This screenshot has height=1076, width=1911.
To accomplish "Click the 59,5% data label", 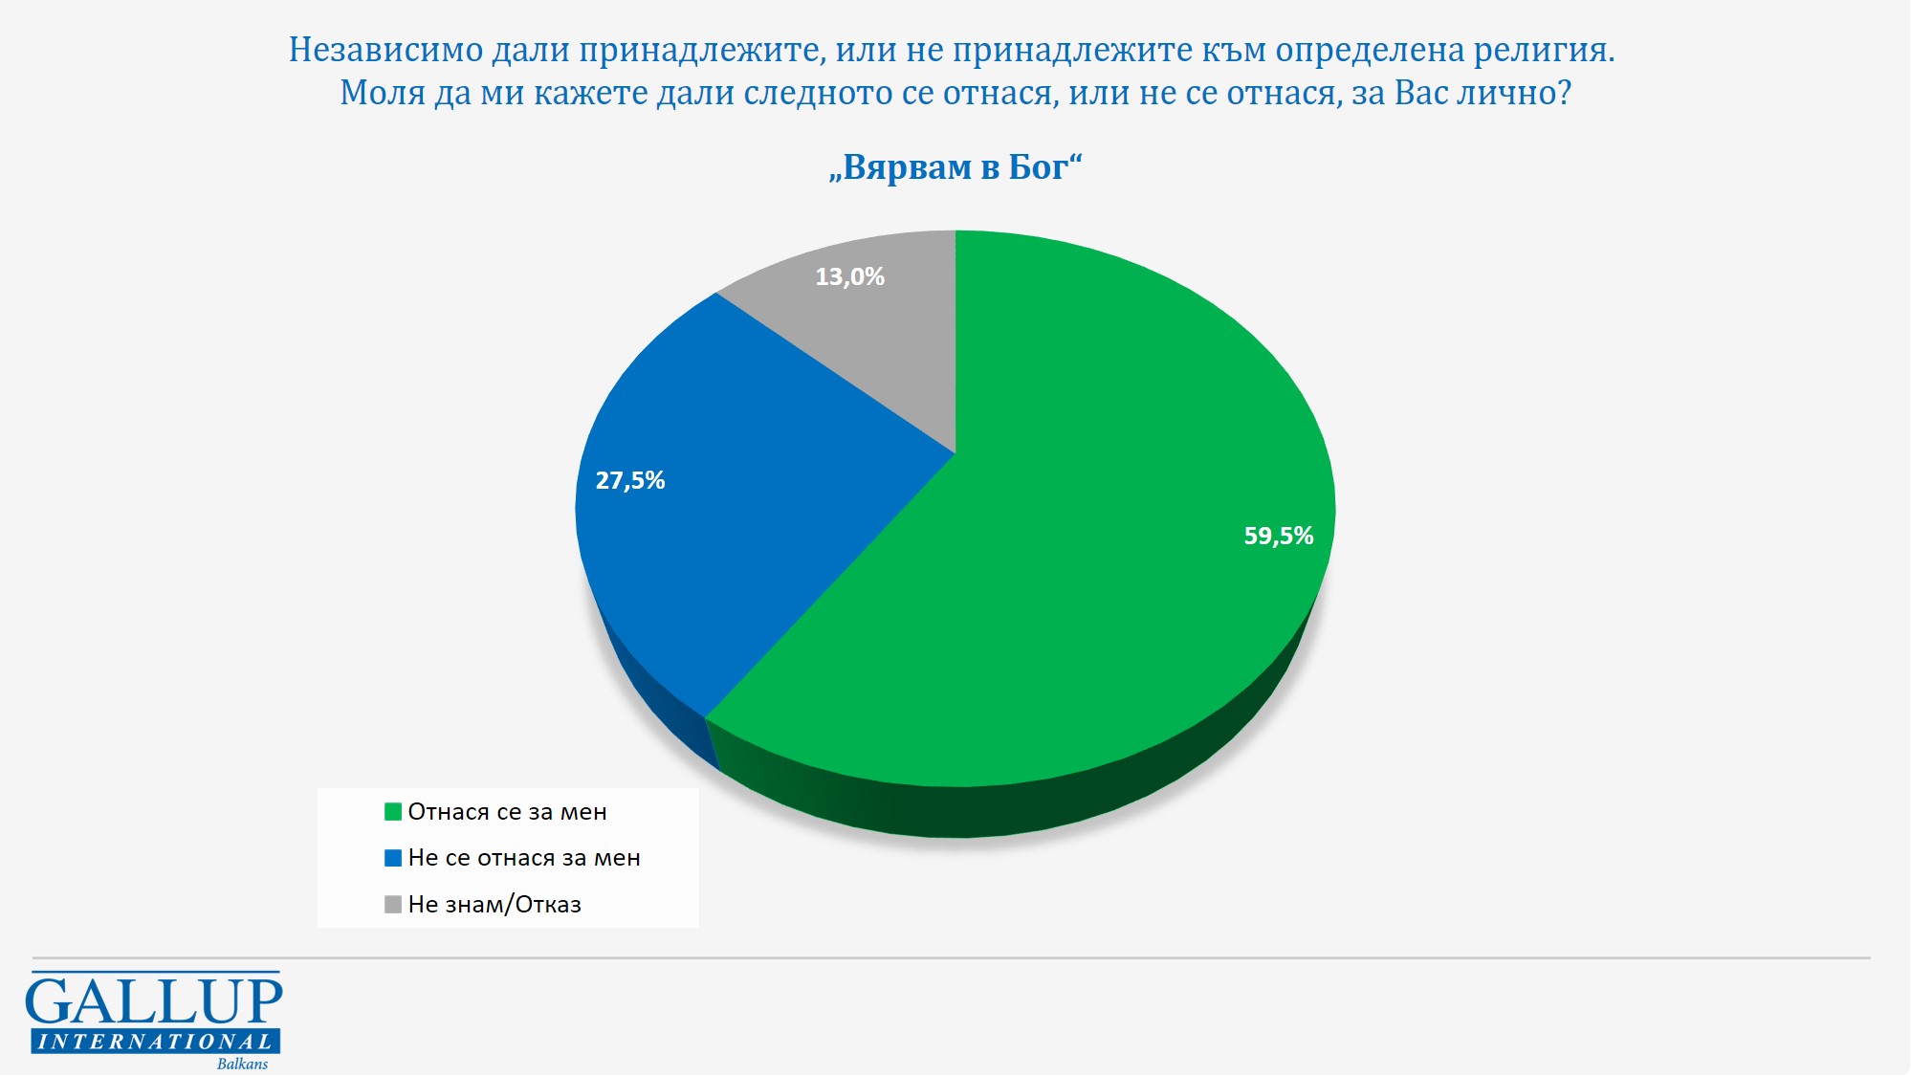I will pos(1278,536).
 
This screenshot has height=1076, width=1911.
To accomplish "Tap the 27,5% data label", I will pos(630,480).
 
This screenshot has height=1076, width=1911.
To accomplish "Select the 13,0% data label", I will pos(849,276).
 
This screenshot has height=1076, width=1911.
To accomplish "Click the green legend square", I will pos(393,812).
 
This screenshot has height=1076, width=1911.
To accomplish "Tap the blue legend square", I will pos(393,858).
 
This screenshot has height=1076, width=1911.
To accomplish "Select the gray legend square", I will pos(393,905).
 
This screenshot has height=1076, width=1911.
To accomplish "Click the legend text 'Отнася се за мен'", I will pos(507,812).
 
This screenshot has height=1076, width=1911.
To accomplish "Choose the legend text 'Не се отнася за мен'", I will pos(524,858).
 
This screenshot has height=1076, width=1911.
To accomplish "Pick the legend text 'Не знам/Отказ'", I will pos(494,905).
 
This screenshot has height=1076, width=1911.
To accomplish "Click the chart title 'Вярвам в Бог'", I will pos(955,167).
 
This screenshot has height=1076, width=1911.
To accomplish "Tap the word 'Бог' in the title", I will pos(1038,167).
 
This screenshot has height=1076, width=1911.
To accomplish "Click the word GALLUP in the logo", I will pos(154,1001).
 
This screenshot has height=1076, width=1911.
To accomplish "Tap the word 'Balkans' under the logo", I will pos(242,1064).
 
